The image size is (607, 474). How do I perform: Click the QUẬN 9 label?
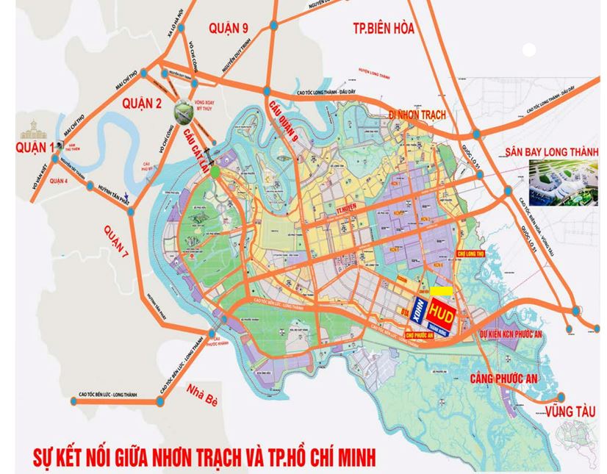[229, 29]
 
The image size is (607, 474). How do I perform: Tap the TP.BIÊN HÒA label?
[384, 29]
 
